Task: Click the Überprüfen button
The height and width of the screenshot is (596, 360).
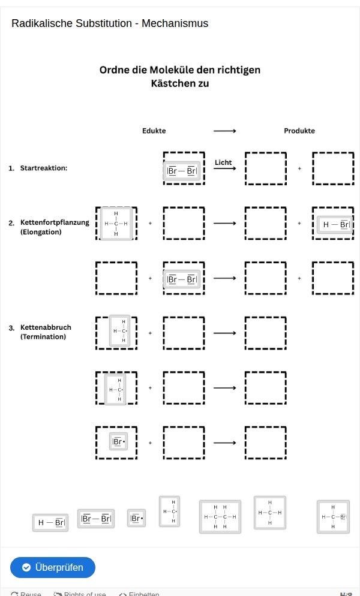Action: pyautogui.click(x=52, y=567)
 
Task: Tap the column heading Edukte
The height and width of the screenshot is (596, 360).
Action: pyautogui.click(x=154, y=131)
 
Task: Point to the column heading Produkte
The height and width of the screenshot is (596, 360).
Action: pyautogui.click(x=299, y=131)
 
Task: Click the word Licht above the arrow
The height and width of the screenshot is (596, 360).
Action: pyautogui.click(x=223, y=162)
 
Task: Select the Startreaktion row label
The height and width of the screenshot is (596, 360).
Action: pyautogui.click(x=43, y=168)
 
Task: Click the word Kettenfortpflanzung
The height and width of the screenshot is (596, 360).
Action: pyautogui.click(x=55, y=222)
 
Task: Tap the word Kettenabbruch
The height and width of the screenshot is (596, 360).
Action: pyautogui.click(x=46, y=327)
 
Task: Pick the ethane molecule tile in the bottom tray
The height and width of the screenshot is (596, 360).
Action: pyautogui.click(x=220, y=516)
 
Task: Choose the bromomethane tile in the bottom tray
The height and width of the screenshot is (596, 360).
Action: pyautogui.click(x=333, y=516)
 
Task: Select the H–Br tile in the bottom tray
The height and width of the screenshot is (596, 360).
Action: pyautogui.click(x=50, y=522)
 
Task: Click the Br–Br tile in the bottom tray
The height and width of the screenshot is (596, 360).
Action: pyautogui.click(x=96, y=518)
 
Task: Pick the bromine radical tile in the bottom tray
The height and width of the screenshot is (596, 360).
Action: pyautogui.click(x=136, y=518)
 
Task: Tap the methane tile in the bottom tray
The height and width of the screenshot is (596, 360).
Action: pyautogui.click(x=269, y=512)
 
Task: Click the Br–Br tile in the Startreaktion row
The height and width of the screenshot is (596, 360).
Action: pyautogui.click(x=182, y=171)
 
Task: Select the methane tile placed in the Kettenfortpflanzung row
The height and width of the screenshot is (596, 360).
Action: pyautogui.click(x=116, y=224)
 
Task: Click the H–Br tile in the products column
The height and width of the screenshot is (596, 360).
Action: pyautogui.click(x=334, y=224)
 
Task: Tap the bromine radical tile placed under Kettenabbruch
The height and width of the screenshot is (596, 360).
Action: pyautogui.click(x=118, y=443)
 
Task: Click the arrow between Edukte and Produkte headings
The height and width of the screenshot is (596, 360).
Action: pyautogui.click(x=224, y=131)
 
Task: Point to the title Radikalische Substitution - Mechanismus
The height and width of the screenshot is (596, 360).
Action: pyautogui.click(x=110, y=23)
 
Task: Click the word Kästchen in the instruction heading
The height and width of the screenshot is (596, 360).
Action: pyautogui.click(x=171, y=83)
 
